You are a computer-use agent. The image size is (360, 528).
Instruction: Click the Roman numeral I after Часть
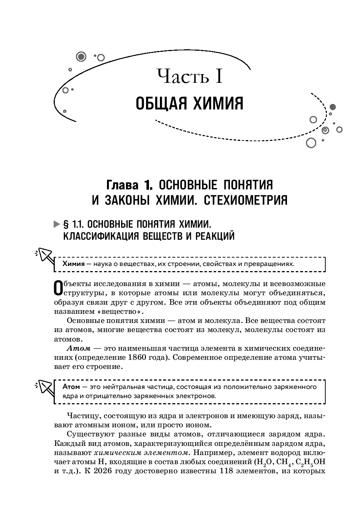218,76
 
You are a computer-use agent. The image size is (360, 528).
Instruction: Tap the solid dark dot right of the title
332,107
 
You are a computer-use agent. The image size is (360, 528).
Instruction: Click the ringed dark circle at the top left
81,56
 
